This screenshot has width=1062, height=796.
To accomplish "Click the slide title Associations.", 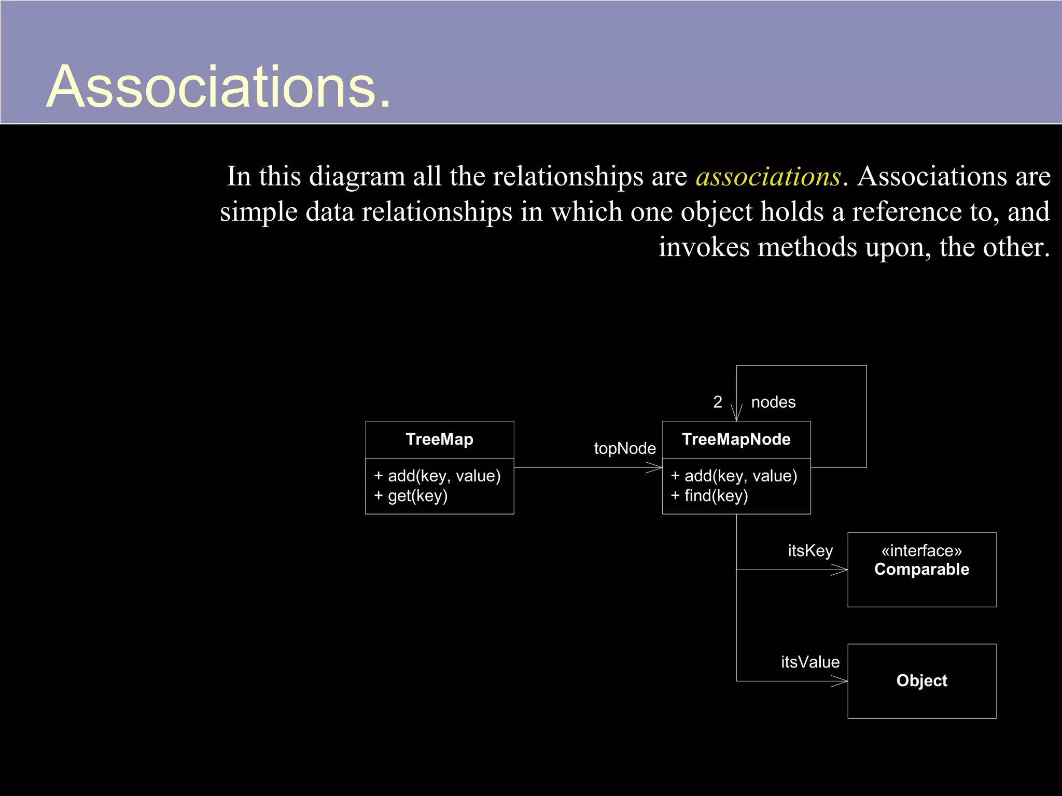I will coord(218,87).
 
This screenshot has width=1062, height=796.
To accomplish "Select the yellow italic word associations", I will coord(768,177).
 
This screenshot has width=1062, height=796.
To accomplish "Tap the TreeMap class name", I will coord(439,439).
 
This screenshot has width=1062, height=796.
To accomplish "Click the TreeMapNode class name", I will coord(736,439).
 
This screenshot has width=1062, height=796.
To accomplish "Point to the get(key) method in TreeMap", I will coord(411,496).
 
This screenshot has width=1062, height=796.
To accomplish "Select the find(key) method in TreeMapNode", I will coord(709,496).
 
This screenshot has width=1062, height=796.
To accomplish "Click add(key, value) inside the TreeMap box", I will coord(437,476).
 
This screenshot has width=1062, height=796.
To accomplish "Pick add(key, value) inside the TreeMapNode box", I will coord(734,476).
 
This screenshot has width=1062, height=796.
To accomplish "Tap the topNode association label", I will coord(624,448).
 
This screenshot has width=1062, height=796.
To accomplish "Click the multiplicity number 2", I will coord(718,402).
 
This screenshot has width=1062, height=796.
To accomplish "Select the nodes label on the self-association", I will coord(773,402).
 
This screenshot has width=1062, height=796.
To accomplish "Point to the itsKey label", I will coord(810,550).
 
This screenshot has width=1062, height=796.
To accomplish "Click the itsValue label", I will coord(810,662).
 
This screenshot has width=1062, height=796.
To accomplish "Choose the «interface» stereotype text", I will coord(921,550).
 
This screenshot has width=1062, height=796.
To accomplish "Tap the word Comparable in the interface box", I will coord(921,570).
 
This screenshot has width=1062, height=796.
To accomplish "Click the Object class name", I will coord(921,680).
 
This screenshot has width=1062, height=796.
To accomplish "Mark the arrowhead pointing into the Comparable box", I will coord(841,570).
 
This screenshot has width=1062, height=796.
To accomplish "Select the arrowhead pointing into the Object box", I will coord(841,681).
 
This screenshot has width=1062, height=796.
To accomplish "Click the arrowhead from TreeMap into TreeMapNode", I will coord(655,467).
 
